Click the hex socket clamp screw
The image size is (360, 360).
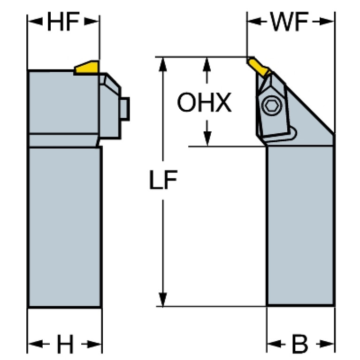(271, 107)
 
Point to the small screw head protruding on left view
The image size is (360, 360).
(125, 109)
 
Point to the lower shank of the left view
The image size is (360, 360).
(65, 225)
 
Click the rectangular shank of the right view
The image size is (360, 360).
(300, 225)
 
